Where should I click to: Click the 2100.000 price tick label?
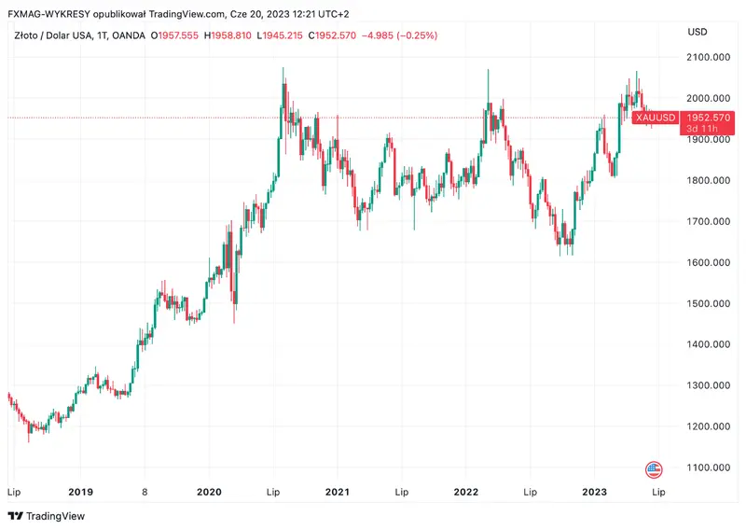click(x=707, y=57)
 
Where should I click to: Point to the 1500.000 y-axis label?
click(x=707, y=303)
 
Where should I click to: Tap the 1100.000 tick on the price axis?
click(x=707, y=467)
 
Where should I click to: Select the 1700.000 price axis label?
click(x=707, y=221)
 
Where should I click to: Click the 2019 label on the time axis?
click(x=81, y=492)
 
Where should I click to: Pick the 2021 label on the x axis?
click(x=337, y=492)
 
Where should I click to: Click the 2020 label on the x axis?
click(x=210, y=492)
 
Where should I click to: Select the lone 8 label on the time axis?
click(x=145, y=492)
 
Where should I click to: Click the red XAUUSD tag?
click(x=654, y=118)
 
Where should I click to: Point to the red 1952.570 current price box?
click(x=706, y=118)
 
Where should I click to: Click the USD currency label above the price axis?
click(x=697, y=32)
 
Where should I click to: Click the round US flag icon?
click(x=654, y=468)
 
